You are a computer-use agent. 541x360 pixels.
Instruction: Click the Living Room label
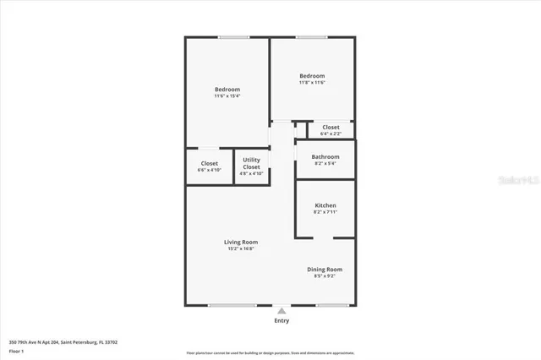(x=241, y=242)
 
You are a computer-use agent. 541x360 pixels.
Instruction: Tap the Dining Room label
(x=325, y=270)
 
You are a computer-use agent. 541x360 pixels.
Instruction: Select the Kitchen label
(x=325, y=205)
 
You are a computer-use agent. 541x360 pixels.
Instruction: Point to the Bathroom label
(x=325, y=156)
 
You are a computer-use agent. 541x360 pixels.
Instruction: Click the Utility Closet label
(x=252, y=163)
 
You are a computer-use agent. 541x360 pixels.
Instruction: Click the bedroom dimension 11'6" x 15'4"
(x=227, y=96)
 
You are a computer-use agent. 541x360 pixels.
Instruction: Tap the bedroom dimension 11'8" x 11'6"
(x=312, y=83)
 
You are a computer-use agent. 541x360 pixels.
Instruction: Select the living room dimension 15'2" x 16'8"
(x=241, y=249)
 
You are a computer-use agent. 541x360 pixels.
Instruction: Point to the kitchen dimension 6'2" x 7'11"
(x=325, y=213)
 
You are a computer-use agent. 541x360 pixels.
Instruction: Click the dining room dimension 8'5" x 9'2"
(x=325, y=277)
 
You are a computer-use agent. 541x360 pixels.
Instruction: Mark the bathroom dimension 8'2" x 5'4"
(x=325, y=164)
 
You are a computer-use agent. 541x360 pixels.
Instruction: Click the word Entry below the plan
(x=281, y=320)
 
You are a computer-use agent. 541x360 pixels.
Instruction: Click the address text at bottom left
(x=63, y=342)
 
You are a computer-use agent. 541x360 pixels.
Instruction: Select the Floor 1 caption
(x=17, y=351)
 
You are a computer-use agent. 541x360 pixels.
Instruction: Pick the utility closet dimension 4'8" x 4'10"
(x=252, y=174)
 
